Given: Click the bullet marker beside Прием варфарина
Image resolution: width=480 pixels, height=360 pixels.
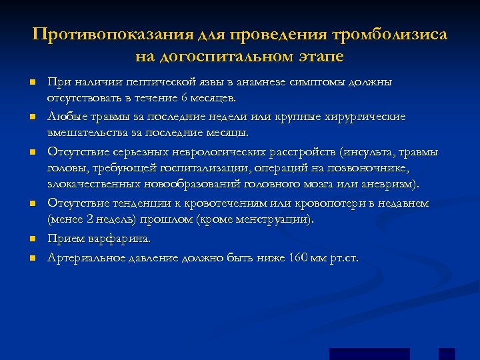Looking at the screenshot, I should pos(31,239).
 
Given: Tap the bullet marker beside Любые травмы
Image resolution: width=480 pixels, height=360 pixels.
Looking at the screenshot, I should pos(31,117).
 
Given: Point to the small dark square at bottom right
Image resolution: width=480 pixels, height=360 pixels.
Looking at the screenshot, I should pos(447,354).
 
